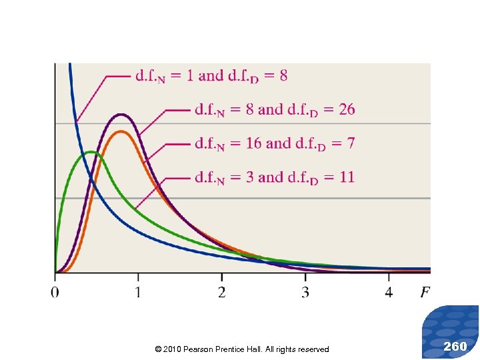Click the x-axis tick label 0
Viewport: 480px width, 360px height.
pos(55,293)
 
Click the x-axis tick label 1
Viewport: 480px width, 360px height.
pos(138,293)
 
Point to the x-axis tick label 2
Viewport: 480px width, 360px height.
pos(221,293)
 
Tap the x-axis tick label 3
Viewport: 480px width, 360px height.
pos(305,293)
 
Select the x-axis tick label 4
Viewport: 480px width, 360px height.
pos(389,293)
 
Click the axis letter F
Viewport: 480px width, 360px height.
pos(425,293)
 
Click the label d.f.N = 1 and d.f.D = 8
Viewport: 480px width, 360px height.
pos(211,76)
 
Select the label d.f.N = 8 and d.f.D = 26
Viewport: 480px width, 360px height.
pos(275,109)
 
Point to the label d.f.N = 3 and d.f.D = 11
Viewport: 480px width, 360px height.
pos(274,177)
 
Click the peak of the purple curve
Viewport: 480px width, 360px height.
pos(121,115)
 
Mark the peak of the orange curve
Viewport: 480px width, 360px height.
pos(121,131)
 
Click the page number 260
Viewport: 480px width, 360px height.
pos(455,346)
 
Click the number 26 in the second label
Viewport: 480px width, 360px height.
pos(347,109)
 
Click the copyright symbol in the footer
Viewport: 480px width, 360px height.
pos(157,349)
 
